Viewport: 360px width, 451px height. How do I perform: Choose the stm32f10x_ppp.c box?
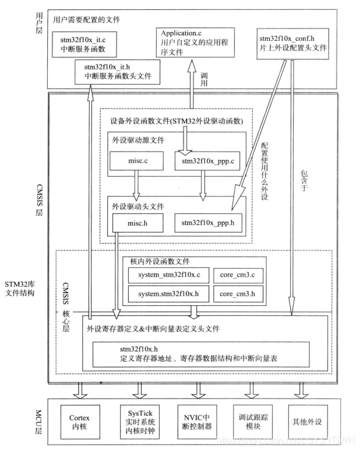point(207,160)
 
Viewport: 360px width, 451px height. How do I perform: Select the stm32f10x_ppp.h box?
point(207,222)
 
